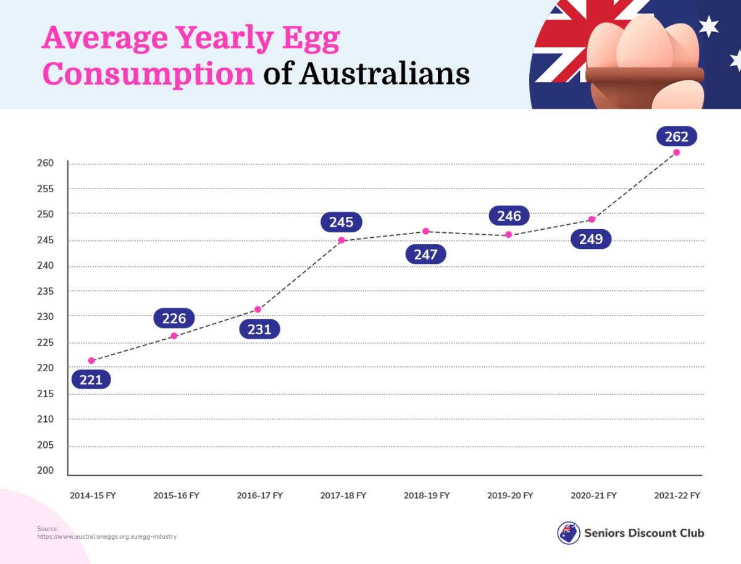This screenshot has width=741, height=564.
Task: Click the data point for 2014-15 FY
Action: (x=91, y=361)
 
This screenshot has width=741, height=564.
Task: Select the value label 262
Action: (x=677, y=136)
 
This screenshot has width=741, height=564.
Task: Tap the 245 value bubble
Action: (x=341, y=222)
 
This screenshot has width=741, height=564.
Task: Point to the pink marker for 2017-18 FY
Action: (x=341, y=240)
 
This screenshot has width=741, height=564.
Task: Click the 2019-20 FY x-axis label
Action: (x=510, y=495)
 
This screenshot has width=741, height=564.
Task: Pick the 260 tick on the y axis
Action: (x=49, y=164)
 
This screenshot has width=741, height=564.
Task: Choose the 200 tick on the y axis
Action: (x=49, y=471)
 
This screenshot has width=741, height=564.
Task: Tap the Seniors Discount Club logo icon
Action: (x=569, y=532)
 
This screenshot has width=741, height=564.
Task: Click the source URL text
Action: (x=107, y=537)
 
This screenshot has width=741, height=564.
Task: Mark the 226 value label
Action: (x=174, y=319)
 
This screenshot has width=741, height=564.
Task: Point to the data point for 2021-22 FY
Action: (x=677, y=153)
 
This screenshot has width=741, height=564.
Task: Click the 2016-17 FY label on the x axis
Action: (x=260, y=495)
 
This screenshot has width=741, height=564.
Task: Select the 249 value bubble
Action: (x=591, y=239)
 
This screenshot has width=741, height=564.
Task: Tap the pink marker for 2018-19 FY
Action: (x=426, y=231)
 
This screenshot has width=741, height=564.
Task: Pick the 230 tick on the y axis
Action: (x=49, y=317)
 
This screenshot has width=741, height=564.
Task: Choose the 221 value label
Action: (x=91, y=379)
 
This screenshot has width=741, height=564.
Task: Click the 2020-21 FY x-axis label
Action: (x=593, y=495)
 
